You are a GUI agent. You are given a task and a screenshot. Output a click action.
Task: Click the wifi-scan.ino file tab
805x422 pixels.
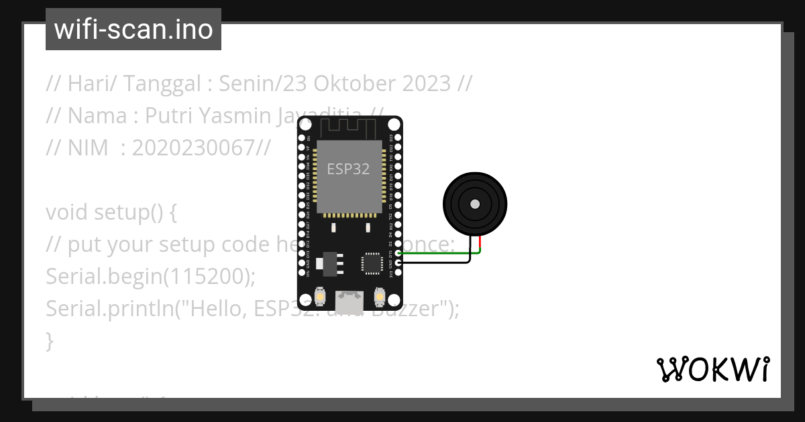(x=133, y=29)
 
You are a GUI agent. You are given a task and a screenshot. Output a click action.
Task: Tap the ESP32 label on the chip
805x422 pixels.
(x=348, y=169)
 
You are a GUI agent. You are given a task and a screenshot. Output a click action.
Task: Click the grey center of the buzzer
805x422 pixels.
(x=475, y=204)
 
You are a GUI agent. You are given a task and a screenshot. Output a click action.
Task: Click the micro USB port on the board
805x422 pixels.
(x=350, y=299)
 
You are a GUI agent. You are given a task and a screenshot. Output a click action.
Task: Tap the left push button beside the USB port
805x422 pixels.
(x=320, y=296)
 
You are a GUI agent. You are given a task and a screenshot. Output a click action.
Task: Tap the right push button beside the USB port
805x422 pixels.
(x=379, y=296)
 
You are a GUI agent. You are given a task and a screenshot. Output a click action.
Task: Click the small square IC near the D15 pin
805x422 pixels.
(x=372, y=263)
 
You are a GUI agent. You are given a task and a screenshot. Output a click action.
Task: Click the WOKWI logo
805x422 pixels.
(x=712, y=369)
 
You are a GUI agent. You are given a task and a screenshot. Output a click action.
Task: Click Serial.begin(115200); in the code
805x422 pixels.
(x=150, y=277)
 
